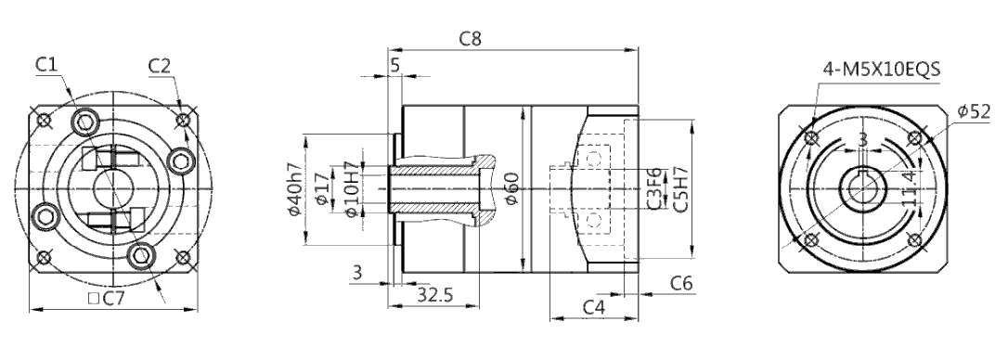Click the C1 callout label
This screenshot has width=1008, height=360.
47,64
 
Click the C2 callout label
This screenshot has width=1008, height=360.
159,66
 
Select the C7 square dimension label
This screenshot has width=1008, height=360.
107,298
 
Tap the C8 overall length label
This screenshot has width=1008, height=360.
470,39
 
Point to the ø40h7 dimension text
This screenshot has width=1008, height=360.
295,190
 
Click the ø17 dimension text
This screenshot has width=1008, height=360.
323,191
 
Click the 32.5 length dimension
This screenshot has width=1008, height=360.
434,294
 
